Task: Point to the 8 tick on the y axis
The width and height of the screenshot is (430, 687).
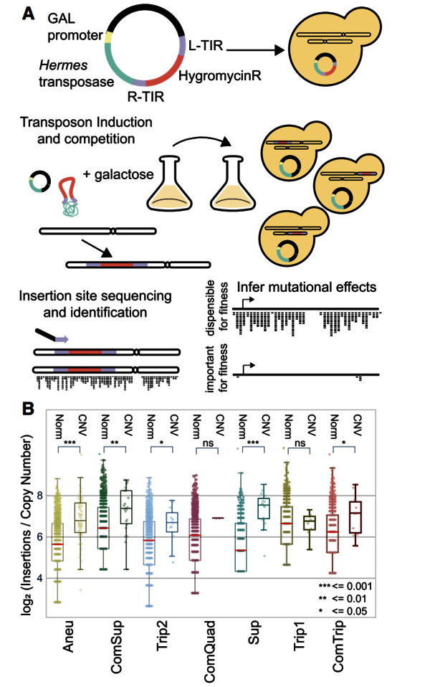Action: point(40,496)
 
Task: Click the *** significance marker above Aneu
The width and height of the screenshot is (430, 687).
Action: point(71,445)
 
